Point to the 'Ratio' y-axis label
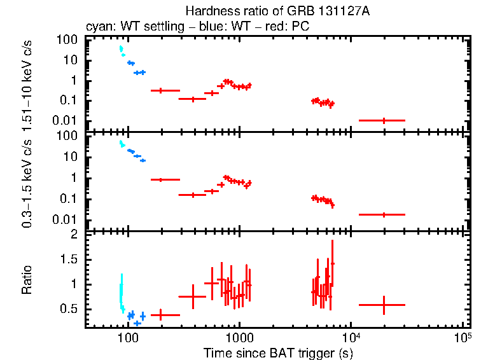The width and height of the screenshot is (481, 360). pyautogui.click(x=28, y=280)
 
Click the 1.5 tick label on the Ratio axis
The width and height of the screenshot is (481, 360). pyautogui.click(x=70, y=260)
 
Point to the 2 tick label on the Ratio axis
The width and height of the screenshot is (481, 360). pyautogui.click(x=74, y=235)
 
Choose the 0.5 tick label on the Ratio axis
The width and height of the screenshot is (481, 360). pyautogui.click(x=70, y=308)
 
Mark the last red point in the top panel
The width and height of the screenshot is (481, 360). pyautogui.click(x=383, y=120)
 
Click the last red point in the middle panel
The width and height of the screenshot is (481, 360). pyautogui.click(x=383, y=215)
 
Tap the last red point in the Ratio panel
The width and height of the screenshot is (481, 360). pyautogui.click(x=383, y=305)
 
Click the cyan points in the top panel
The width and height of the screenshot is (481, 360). pyautogui.click(x=121, y=50)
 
